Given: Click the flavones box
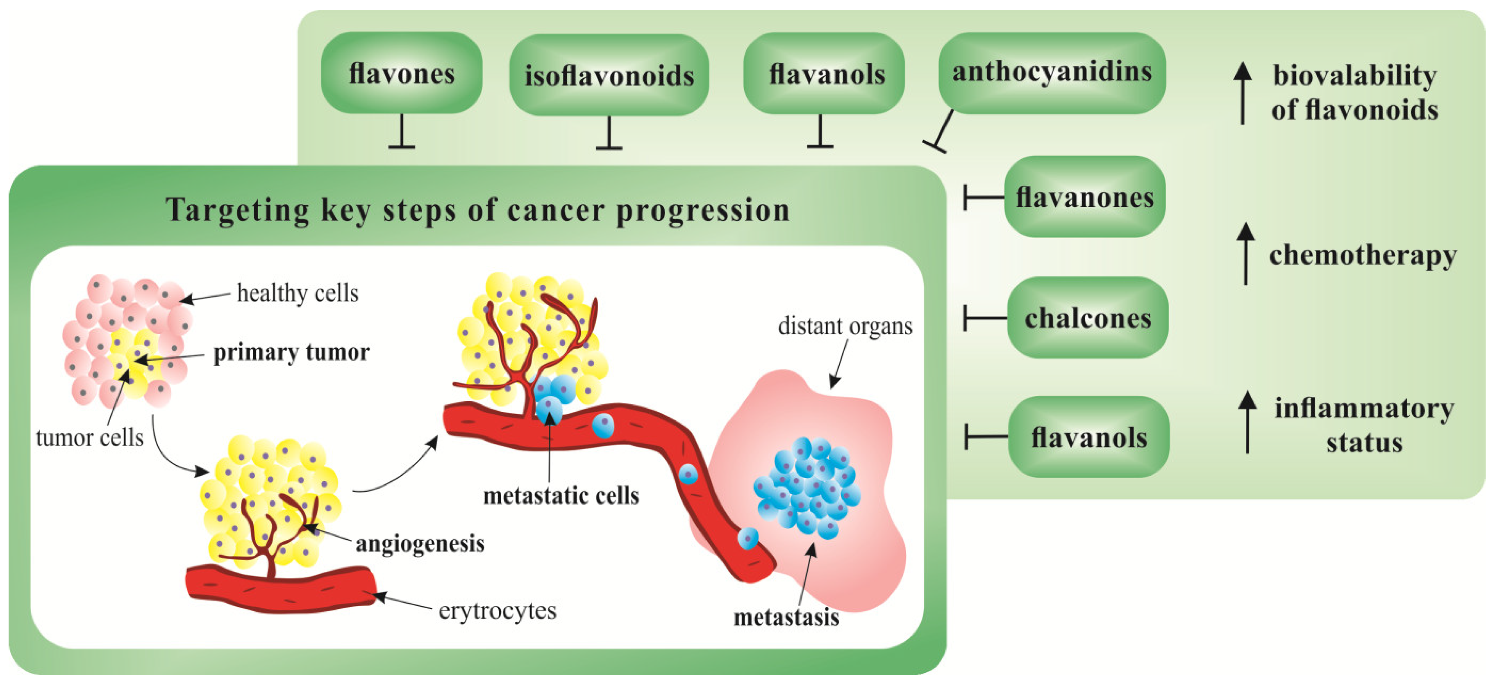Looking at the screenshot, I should [x=402, y=73].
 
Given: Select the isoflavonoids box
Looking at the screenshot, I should [x=609, y=75].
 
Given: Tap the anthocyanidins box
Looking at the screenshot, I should [x=1052, y=73].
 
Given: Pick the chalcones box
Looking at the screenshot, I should [x=1088, y=317].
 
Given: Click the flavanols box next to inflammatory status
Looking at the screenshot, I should [x=1089, y=437].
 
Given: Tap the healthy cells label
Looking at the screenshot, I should [x=298, y=293].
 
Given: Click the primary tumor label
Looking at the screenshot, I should [x=291, y=352].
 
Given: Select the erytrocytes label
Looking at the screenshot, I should [x=497, y=610].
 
